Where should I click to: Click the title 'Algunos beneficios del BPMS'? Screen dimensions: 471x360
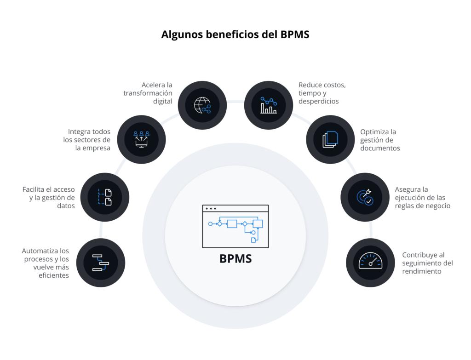235,34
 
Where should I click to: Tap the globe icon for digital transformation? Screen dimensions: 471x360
202,105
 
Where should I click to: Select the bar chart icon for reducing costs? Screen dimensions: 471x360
269,105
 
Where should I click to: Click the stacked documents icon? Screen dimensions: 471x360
330,139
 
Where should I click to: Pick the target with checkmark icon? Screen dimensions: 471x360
365,197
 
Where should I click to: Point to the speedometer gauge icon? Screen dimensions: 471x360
370,261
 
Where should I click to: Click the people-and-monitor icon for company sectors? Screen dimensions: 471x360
141,139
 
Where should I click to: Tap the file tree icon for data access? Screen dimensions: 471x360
105,197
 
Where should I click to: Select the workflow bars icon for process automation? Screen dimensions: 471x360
101,263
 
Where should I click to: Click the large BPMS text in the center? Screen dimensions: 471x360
235,258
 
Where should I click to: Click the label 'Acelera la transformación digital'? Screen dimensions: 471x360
148,93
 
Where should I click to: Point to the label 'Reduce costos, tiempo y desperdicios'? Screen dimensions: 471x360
322,93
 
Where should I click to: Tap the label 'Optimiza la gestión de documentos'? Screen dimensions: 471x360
380,140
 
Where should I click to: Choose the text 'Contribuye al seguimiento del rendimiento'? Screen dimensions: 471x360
427,263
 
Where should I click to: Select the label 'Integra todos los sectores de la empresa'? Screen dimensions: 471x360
87,140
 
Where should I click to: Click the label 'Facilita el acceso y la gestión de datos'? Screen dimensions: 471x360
49,198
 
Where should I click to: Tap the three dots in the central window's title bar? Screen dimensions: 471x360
211,208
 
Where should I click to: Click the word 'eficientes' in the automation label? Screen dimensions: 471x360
54,275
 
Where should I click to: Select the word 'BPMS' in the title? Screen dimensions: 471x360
295,34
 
